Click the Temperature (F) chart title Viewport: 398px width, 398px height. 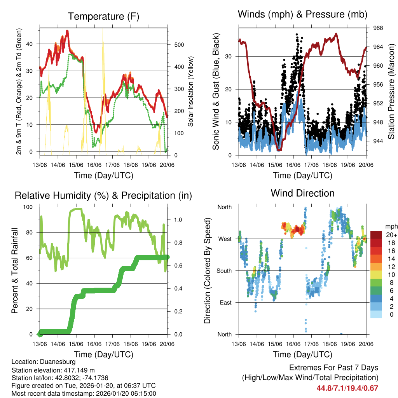coord(103,16)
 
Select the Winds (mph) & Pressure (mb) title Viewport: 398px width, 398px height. coord(302,14)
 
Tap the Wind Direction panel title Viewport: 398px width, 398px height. coord(302,193)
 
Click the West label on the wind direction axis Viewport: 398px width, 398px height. coord(225,239)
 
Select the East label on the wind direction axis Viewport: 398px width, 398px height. coord(225,302)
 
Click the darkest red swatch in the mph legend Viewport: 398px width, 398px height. coord(376,234)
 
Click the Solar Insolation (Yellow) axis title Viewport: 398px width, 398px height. coord(190,91)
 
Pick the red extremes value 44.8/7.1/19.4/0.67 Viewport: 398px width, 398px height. coord(347,388)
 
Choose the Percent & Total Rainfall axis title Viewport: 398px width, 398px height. coord(14,271)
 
